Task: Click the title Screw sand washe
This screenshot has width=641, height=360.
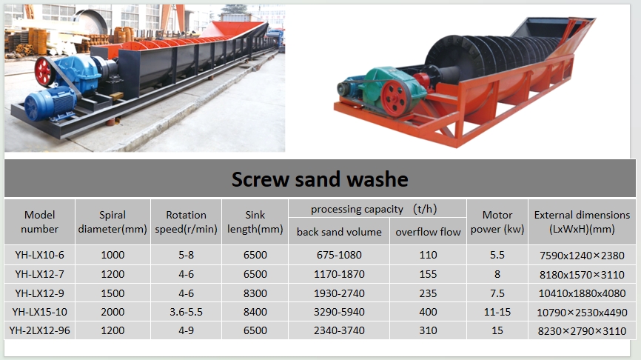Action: [x=320, y=179]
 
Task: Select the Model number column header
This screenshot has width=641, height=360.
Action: [x=40, y=221]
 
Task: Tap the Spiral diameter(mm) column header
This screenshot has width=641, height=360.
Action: [x=113, y=221]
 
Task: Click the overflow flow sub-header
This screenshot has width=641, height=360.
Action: [x=428, y=232]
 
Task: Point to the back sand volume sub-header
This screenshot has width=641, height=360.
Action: [x=339, y=232]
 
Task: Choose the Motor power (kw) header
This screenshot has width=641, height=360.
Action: [x=497, y=221]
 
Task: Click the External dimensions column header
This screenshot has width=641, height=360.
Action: [x=582, y=221]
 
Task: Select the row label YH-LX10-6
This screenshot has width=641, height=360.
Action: [x=40, y=255]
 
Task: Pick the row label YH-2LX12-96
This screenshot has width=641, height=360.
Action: [x=40, y=330]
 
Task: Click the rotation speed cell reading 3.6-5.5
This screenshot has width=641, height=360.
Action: [x=186, y=312]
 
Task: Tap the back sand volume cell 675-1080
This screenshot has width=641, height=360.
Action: [x=339, y=255]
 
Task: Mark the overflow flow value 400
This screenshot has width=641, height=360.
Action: [x=428, y=312]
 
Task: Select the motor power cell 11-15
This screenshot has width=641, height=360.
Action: [x=497, y=312]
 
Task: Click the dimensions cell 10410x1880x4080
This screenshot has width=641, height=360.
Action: [x=582, y=293]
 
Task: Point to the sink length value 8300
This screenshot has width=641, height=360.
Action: [x=255, y=293]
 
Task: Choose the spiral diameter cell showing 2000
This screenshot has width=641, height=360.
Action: [x=113, y=312]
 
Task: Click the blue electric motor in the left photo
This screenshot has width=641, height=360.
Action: [x=49, y=104]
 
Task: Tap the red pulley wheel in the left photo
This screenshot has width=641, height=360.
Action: [x=44, y=72]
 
